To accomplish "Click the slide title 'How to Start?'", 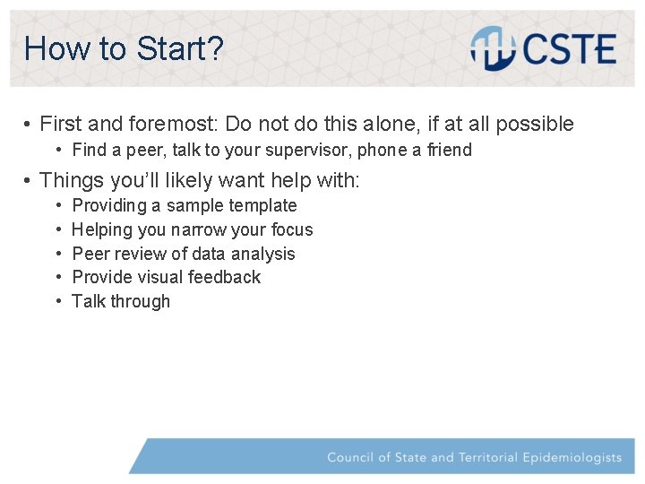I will (124, 48).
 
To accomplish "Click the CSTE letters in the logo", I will (571, 48).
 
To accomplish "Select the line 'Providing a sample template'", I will (184, 205).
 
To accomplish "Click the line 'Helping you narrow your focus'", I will (192, 229).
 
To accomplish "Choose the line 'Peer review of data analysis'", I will (183, 254).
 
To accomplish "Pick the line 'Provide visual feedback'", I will (166, 277).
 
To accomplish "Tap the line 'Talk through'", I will (120, 301).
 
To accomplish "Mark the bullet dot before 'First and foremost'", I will (29, 125).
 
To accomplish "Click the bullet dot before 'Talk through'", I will (58, 301).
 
